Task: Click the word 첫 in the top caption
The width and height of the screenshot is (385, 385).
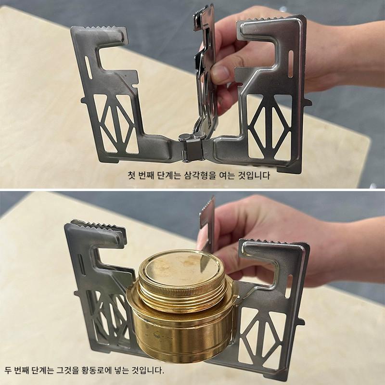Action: click(131, 175)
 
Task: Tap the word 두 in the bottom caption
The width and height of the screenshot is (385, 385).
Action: click(8, 370)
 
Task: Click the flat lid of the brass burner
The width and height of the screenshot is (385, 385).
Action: click(182, 266)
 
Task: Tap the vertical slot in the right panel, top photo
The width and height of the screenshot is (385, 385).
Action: click(291, 64)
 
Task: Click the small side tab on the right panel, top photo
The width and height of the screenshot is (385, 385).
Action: click(308, 102)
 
